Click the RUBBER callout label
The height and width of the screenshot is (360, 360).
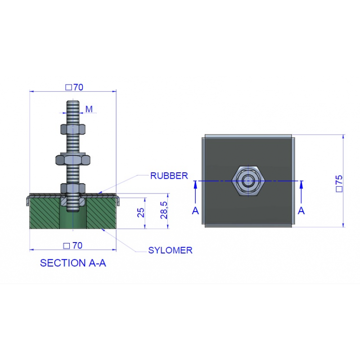(169, 176)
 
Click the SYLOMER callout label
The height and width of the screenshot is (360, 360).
(170, 250)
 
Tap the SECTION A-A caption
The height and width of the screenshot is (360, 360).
(73, 263)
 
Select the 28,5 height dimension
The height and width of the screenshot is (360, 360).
(164, 210)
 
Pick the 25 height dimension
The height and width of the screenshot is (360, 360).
(141, 212)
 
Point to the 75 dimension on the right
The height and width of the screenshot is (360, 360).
(339, 184)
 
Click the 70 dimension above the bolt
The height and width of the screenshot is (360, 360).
(74, 87)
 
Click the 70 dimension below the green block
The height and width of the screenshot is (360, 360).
(73, 246)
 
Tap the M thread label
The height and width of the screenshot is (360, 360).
(89, 109)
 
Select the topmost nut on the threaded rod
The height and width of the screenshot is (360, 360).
(73, 129)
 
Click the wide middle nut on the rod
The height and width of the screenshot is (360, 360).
(73, 160)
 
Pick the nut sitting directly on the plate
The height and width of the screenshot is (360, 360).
(73, 188)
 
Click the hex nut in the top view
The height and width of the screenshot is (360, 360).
(248, 181)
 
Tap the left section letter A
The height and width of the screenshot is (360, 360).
(195, 211)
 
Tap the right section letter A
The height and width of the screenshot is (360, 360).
(301, 211)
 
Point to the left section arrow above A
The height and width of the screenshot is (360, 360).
(195, 192)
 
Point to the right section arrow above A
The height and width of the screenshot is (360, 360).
(301, 192)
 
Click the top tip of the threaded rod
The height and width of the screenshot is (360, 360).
(73, 100)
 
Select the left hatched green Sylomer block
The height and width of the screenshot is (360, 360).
(45, 213)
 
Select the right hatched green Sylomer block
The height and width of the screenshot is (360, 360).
(101, 213)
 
